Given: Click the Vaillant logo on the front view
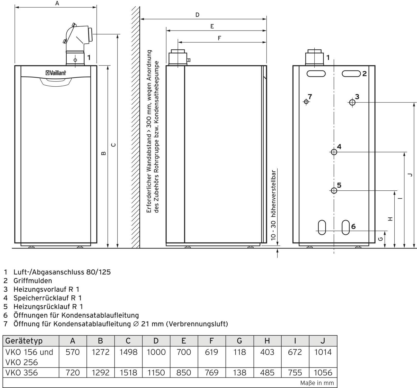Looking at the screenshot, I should [56, 73].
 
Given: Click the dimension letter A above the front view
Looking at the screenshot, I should [57, 3].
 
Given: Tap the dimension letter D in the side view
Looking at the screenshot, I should [197, 15].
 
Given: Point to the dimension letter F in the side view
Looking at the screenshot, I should [219, 38].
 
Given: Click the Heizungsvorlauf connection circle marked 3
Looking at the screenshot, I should [352, 102].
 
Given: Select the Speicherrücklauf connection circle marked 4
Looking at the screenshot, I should [334, 152].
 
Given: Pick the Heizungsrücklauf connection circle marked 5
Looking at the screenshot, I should [334, 190].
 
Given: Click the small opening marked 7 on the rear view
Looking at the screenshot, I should [306, 102].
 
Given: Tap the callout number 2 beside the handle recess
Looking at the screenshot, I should [364, 74].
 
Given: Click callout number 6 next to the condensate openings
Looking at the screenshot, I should [353, 226].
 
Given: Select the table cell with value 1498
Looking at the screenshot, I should [128, 352].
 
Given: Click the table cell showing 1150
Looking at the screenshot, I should [156, 372].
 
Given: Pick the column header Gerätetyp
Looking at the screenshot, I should [24, 341].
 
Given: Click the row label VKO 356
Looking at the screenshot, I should [21, 372].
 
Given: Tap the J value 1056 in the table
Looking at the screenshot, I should [323, 372].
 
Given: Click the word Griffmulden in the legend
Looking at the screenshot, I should [33, 281].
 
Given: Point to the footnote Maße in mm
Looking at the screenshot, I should [317, 383].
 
